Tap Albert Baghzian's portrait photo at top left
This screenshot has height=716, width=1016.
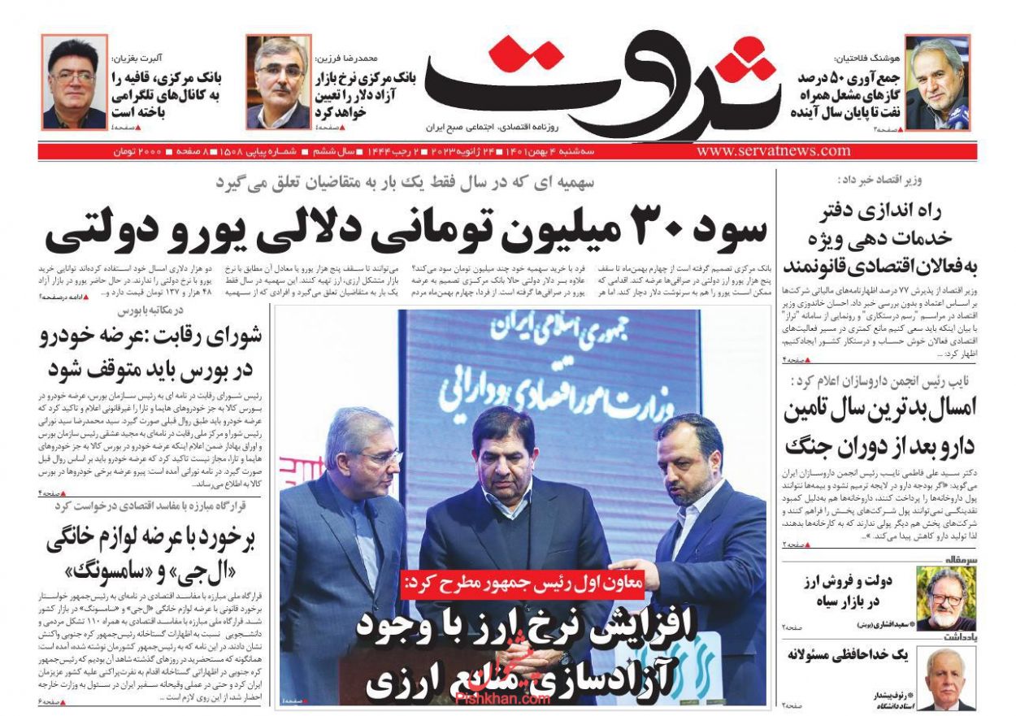click(74, 82)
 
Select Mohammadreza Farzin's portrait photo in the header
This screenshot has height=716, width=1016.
click(278, 82)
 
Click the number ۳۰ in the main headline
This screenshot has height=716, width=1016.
click(653, 232)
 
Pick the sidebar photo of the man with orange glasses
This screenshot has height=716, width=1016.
click(945, 597)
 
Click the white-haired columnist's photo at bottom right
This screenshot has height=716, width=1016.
click(945, 679)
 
